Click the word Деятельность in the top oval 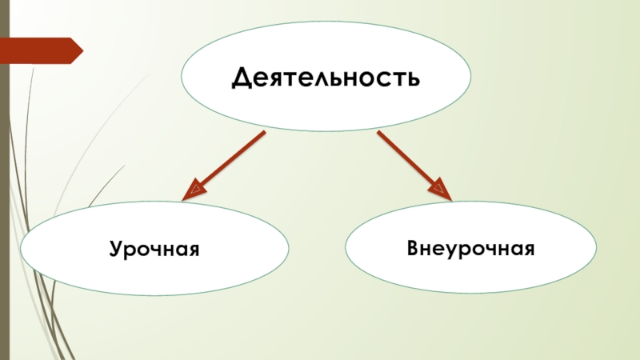click(325, 78)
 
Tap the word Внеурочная click(470, 248)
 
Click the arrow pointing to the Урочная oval click(229, 164)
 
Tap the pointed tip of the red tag click(81, 50)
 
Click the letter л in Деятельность click(329, 79)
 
